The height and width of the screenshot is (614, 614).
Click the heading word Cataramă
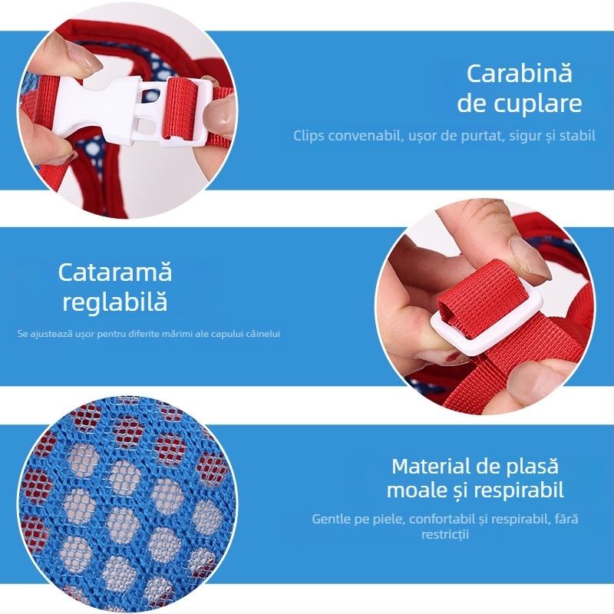point(115,272)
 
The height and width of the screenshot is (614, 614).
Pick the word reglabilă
point(115,302)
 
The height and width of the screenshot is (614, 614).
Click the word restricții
point(445,534)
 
